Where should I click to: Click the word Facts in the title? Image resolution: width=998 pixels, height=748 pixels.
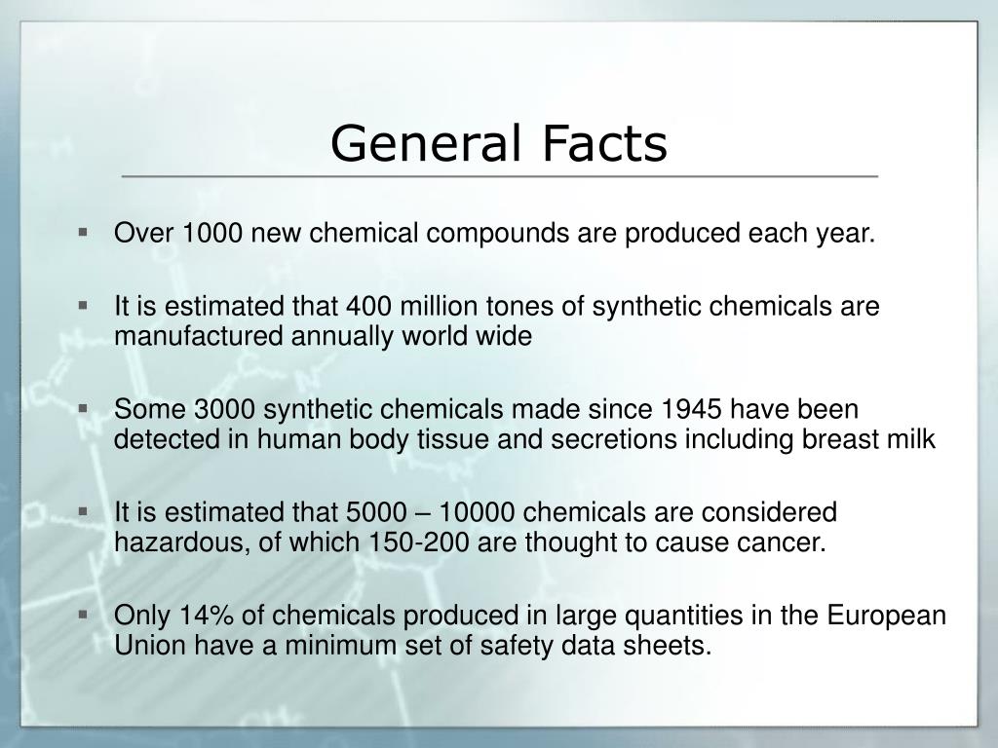pyautogui.click(x=604, y=143)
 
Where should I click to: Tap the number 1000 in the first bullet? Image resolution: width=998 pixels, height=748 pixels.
pyautogui.click(x=212, y=233)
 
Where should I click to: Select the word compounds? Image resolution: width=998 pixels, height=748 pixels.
pyautogui.click(x=498, y=234)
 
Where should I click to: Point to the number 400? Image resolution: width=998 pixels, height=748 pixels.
pyautogui.click(x=368, y=306)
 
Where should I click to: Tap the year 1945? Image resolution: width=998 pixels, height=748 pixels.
pyautogui.click(x=691, y=409)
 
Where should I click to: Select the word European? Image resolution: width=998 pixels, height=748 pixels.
pyautogui.click(x=887, y=616)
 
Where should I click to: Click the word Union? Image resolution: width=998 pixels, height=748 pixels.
pyautogui.click(x=150, y=645)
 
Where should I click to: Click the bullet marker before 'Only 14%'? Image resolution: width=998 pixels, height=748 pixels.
pyautogui.click(x=83, y=615)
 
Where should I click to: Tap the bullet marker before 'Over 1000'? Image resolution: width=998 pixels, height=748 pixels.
pyautogui.click(x=83, y=232)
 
